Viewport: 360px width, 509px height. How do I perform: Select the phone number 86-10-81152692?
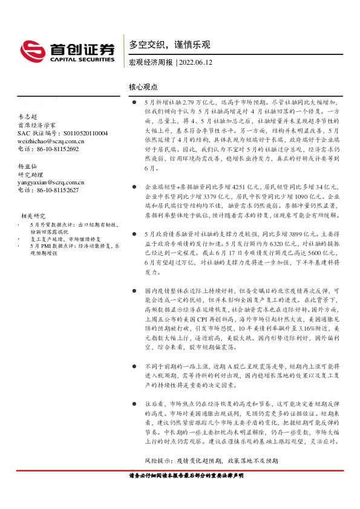[57, 149]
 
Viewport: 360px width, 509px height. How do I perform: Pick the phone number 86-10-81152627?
[57, 190]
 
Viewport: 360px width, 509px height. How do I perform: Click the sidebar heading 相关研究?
[33, 216]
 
